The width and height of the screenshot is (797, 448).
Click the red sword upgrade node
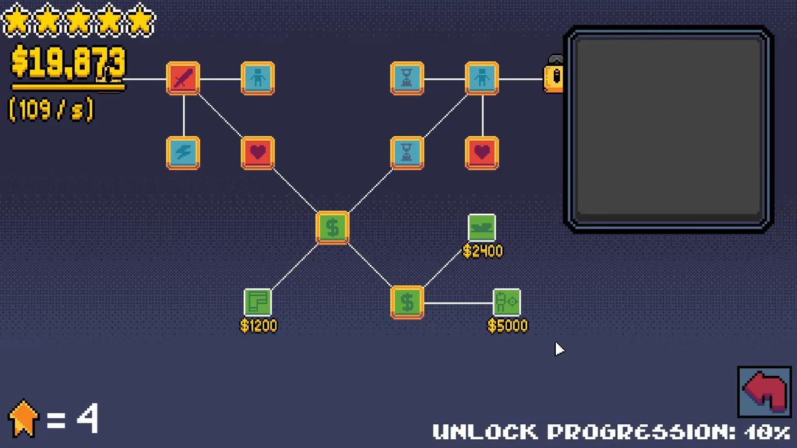coord(183,78)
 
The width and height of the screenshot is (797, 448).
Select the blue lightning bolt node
coord(183,153)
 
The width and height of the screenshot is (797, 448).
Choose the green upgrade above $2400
coord(482,227)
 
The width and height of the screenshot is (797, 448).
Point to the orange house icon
coord(23,419)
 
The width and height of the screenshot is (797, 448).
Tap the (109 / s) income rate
coord(51,110)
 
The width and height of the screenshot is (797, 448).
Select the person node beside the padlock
coord(482,78)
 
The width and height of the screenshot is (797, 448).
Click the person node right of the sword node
coord(257,78)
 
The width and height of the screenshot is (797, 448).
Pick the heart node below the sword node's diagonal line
coord(257,153)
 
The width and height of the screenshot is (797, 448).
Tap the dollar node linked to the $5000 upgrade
coord(407,302)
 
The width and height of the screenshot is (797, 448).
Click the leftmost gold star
coord(17,20)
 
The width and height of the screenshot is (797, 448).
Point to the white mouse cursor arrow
coord(559,349)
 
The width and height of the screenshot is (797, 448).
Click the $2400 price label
coord(482,251)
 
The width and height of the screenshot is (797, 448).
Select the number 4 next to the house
coord(87,419)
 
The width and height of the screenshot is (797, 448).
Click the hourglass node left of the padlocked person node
coord(407,78)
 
